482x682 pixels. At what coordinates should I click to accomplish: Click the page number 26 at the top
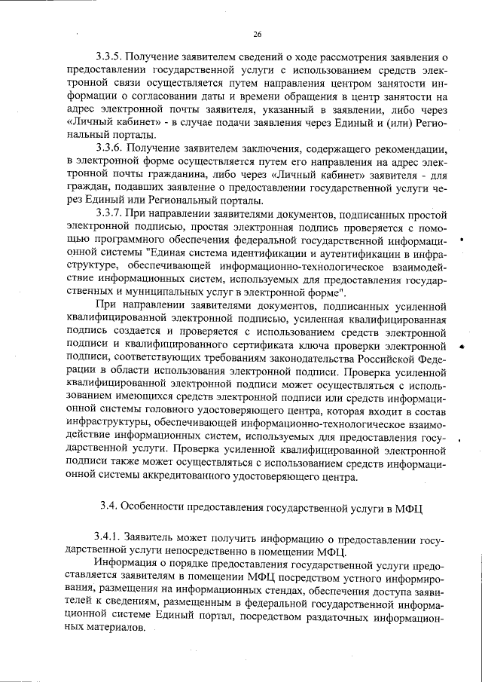coord(257,35)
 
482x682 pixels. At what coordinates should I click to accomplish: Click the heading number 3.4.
coord(108,507)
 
